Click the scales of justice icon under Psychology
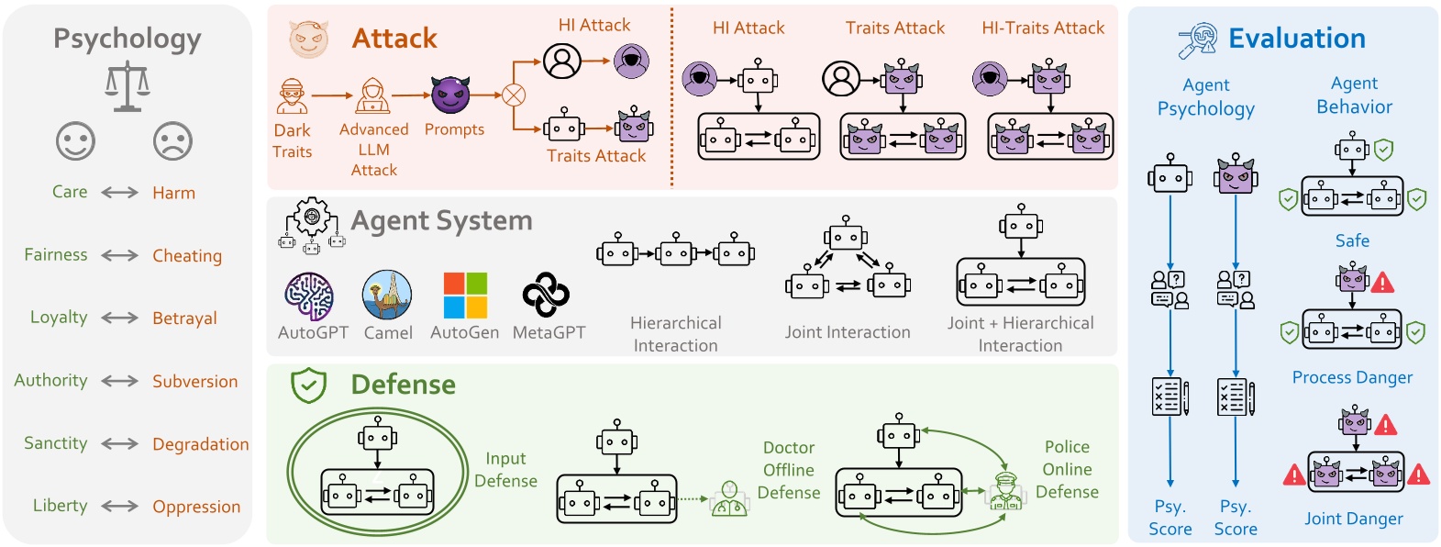[x=127, y=87]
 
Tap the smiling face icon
[x=75, y=141]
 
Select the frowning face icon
[x=172, y=141]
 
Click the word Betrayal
[x=184, y=318]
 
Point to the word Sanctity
[x=55, y=443]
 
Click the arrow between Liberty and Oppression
[x=120, y=507]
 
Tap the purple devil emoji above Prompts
[x=450, y=95]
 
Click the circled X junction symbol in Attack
[x=514, y=95]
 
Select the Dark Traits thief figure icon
[x=292, y=96]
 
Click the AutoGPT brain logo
[x=309, y=296]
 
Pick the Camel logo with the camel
[x=387, y=295]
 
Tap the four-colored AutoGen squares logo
[x=465, y=295]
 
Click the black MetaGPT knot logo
[x=546, y=295]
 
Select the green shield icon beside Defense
[x=308, y=385]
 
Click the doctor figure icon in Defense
[x=729, y=499]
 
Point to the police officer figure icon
[x=1005, y=491]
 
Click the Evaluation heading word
[x=1296, y=39]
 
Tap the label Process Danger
[x=1352, y=377]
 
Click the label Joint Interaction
[x=848, y=332]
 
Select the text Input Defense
[x=505, y=469]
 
